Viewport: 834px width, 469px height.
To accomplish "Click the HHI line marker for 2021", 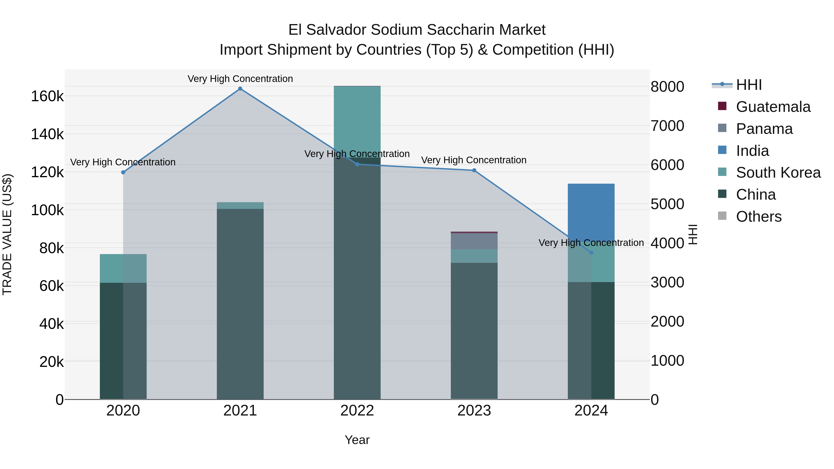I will click(240, 89).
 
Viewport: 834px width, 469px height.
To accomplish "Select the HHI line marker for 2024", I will click(591, 252).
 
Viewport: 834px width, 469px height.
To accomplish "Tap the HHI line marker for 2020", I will click(123, 172).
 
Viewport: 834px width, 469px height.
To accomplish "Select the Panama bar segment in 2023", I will click(474, 241).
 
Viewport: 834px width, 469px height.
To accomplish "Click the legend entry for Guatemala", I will click(773, 107).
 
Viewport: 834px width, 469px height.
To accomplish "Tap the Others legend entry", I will click(758, 217).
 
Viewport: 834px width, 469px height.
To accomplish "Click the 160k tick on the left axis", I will click(47, 96).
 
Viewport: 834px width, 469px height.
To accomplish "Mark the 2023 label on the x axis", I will click(474, 411).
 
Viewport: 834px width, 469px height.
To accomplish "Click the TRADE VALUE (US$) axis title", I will click(7, 234).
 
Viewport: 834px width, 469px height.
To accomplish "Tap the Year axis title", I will click(357, 440).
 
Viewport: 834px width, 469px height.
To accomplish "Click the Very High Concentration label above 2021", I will click(240, 79).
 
